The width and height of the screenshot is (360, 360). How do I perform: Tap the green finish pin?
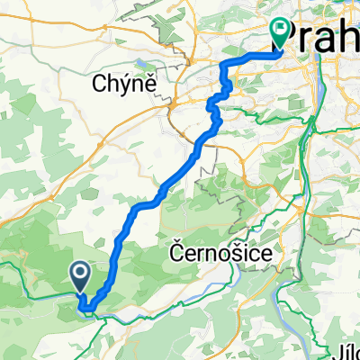(x=282, y=33)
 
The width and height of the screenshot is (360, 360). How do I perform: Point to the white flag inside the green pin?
(x=282, y=31)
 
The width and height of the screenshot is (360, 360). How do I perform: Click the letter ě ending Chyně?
(x=152, y=84)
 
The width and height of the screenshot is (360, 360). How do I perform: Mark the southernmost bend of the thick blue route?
(x=87, y=312)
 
